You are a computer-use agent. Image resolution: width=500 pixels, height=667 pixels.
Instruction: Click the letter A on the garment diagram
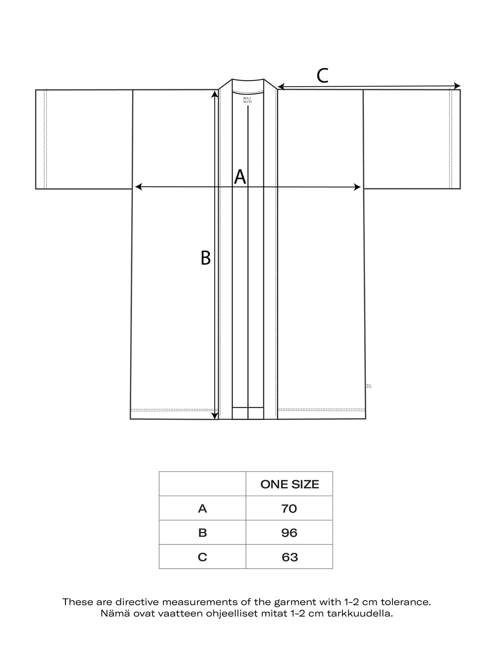coord(240,177)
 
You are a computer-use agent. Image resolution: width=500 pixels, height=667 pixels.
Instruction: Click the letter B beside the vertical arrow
coord(205,258)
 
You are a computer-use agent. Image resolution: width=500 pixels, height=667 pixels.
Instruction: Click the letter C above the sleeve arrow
coord(322,76)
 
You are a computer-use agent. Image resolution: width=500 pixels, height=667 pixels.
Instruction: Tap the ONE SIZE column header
coord(290,484)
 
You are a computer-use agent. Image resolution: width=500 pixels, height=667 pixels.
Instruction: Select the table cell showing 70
coord(289,509)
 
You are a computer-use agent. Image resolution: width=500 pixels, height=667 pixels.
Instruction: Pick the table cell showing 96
coord(289,533)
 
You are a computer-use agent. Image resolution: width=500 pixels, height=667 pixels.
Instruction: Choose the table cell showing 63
coord(290,557)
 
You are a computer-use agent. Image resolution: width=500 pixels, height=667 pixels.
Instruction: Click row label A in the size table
coord(202,509)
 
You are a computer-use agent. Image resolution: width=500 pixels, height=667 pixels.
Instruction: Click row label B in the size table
coord(202,533)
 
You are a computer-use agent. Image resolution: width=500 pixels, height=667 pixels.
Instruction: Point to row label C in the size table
coord(202,557)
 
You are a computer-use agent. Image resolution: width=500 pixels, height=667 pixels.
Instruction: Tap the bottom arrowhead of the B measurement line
coord(215,415)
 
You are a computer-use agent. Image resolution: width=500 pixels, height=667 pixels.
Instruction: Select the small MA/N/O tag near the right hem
coord(369,386)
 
